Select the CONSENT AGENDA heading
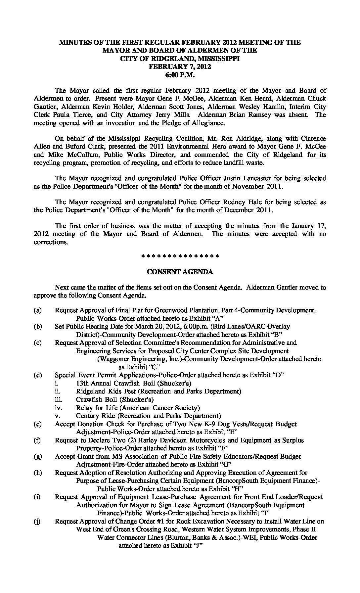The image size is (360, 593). click(x=180, y=272)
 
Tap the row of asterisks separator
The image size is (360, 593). click(x=180, y=256)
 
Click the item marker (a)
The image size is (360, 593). click(x=37, y=310)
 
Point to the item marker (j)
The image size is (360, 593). click(x=37, y=521)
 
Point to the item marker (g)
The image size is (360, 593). click(x=37, y=456)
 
